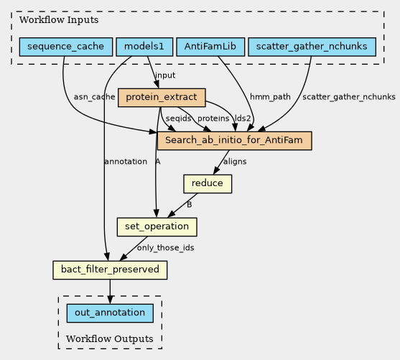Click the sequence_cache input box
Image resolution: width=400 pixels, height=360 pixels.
click(x=66, y=47)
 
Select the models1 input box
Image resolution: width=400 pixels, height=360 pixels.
click(x=144, y=47)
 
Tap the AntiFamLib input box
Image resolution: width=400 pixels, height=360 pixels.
click(x=210, y=47)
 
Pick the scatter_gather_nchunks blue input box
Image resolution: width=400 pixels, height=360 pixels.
click(x=312, y=47)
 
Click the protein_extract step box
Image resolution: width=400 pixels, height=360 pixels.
click(x=162, y=98)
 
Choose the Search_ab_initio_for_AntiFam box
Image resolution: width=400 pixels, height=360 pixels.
click(x=234, y=141)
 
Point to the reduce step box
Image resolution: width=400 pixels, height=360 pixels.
click(x=208, y=184)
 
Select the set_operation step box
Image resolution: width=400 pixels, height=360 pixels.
click(x=157, y=227)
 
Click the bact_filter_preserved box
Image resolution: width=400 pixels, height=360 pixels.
click(x=110, y=270)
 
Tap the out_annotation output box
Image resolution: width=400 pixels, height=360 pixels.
click(x=110, y=313)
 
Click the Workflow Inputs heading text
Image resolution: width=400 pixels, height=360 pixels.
click(x=59, y=20)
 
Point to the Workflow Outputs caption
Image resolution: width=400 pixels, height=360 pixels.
click(x=110, y=339)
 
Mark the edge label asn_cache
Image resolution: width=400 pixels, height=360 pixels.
click(x=94, y=97)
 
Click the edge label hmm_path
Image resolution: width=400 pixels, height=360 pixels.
click(x=270, y=97)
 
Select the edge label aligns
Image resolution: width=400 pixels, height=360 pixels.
click(x=235, y=162)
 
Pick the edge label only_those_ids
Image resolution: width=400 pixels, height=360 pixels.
click(x=166, y=248)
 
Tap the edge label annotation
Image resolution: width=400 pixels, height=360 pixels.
click(x=126, y=162)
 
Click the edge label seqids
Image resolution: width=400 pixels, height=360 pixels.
click(x=178, y=119)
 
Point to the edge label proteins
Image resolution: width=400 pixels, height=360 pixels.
click(x=213, y=119)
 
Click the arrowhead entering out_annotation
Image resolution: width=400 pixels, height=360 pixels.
click(x=110, y=300)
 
